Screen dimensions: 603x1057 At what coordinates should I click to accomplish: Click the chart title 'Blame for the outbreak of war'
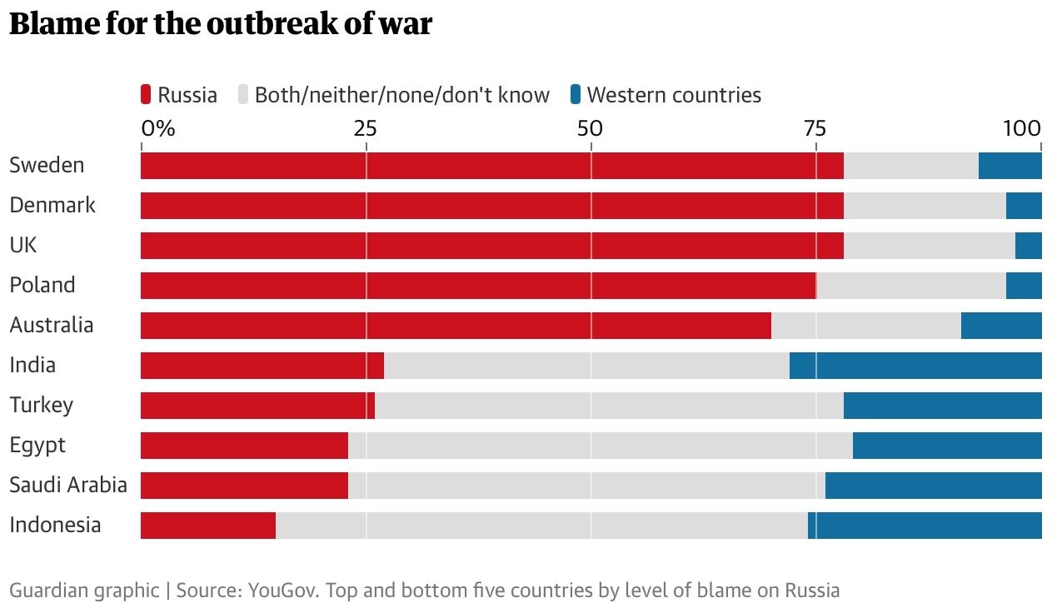(x=221, y=24)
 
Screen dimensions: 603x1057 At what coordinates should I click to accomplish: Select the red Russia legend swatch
(x=147, y=95)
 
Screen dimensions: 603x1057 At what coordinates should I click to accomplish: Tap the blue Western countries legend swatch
(x=576, y=95)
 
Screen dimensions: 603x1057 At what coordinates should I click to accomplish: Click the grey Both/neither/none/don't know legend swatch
(x=244, y=95)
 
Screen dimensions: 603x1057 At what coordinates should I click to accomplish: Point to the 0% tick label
(x=158, y=128)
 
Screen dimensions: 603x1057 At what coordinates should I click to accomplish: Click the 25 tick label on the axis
(x=366, y=128)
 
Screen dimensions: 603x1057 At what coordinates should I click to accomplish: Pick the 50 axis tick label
(x=591, y=128)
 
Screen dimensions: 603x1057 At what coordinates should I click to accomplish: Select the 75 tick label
(x=815, y=128)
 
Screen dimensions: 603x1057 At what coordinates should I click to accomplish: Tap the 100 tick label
(x=1022, y=128)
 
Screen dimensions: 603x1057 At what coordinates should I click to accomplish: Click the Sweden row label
(x=47, y=165)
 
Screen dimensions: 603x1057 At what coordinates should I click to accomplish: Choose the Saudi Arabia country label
(x=68, y=485)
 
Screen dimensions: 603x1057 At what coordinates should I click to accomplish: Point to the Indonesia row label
(x=55, y=525)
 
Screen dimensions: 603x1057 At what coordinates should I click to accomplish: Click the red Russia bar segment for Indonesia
(x=208, y=526)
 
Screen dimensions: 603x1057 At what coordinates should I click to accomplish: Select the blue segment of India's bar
(x=915, y=366)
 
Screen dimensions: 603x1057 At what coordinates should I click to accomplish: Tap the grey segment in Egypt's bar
(x=600, y=446)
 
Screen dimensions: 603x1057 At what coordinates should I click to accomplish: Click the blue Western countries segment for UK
(x=1028, y=246)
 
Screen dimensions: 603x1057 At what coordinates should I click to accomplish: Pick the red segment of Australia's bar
(x=456, y=326)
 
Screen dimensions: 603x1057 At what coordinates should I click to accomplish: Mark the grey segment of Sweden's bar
(x=910, y=166)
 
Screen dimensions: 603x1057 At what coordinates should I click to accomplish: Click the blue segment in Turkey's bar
(x=942, y=406)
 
